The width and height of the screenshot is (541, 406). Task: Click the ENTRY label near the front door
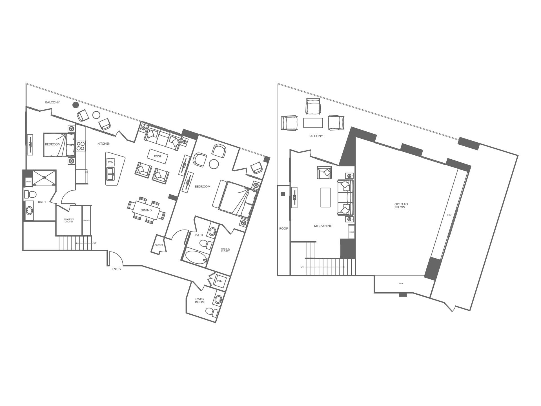[x=116, y=269]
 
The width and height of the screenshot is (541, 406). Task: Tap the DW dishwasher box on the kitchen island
[x=110, y=162]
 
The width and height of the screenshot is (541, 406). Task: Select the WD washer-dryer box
[x=219, y=281]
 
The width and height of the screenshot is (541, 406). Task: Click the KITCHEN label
[x=104, y=144]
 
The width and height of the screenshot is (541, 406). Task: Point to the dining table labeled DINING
[x=146, y=210]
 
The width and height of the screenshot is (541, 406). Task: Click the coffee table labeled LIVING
[x=158, y=156]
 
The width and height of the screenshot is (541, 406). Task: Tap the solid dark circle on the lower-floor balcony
[x=76, y=105]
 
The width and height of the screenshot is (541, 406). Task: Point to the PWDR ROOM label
[x=200, y=301]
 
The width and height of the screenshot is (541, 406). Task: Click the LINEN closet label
[x=28, y=182]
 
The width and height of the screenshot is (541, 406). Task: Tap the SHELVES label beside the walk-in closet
[x=87, y=220]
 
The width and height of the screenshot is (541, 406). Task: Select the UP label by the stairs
[x=95, y=243]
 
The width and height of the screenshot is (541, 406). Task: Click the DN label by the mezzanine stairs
[x=302, y=267]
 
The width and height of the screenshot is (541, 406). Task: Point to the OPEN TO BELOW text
[x=401, y=206]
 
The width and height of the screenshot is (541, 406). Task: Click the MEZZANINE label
[x=323, y=226]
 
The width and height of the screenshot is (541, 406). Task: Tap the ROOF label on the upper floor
[x=283, y=228]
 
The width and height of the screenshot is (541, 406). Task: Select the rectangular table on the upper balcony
[x=313, y=123]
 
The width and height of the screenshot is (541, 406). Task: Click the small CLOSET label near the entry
[x=159, y=245]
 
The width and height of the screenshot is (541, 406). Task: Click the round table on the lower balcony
[x=96, y=115]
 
